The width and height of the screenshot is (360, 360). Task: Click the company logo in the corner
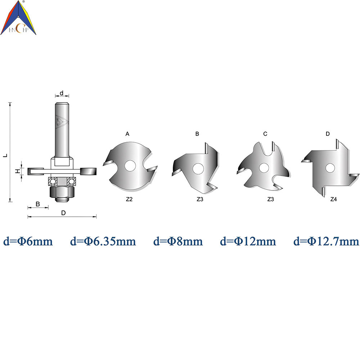click(18, 18)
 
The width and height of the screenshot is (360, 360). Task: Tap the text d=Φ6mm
click(28, 241)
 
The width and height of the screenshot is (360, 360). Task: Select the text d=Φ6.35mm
click(103, 241)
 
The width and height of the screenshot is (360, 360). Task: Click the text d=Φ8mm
click(178, 241)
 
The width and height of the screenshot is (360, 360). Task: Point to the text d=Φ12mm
click(248, 241)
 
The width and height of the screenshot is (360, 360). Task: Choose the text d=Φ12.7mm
click(326, 241)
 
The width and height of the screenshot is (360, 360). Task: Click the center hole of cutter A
click(130, 166)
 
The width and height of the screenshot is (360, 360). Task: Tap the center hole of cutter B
click(198, 168)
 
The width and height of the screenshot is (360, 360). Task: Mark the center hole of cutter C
click(264, 168)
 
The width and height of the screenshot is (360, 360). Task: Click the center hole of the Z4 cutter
click(330, 168)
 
